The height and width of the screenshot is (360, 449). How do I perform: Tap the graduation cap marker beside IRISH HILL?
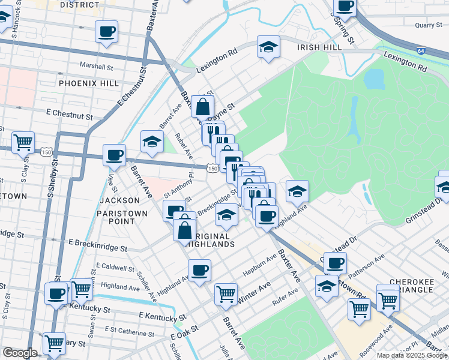click(268, 47)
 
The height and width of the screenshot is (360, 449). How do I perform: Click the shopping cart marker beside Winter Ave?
click(226, 293)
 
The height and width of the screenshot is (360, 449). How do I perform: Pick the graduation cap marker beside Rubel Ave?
click(152, 142)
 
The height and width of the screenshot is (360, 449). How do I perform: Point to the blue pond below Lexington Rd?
click(373, 78)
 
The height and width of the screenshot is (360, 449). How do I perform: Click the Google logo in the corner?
click(20, 353)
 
